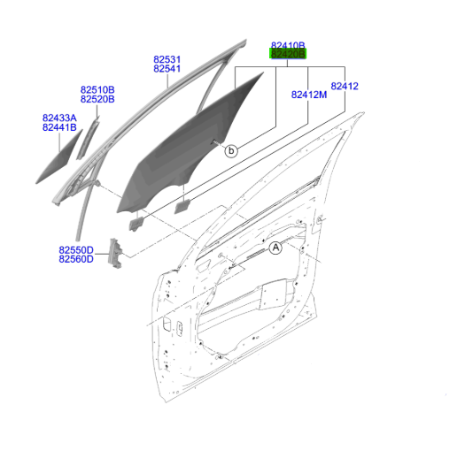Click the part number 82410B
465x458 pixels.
pos(288,45)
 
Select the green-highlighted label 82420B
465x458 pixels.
pos(288,54)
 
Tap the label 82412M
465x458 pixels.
pos(309,95)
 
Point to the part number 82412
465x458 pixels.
pos(345,86)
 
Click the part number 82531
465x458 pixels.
pos(167,59)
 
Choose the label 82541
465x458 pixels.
pos(167,69)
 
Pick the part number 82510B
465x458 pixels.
pos(97,89)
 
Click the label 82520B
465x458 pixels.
pos(97,99)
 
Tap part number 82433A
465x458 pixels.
pos(59,118)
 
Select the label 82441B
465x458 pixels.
pos(59,127)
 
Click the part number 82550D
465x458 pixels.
pos(76,250)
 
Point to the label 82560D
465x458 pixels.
pos(76,259)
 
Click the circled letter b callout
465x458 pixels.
pos(231,151)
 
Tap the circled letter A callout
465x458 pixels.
pos(275,248)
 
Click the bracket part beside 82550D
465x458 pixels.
pos(115,254)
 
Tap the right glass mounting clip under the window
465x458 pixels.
pos(182,207)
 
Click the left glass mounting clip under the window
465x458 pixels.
pos(136,224)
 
